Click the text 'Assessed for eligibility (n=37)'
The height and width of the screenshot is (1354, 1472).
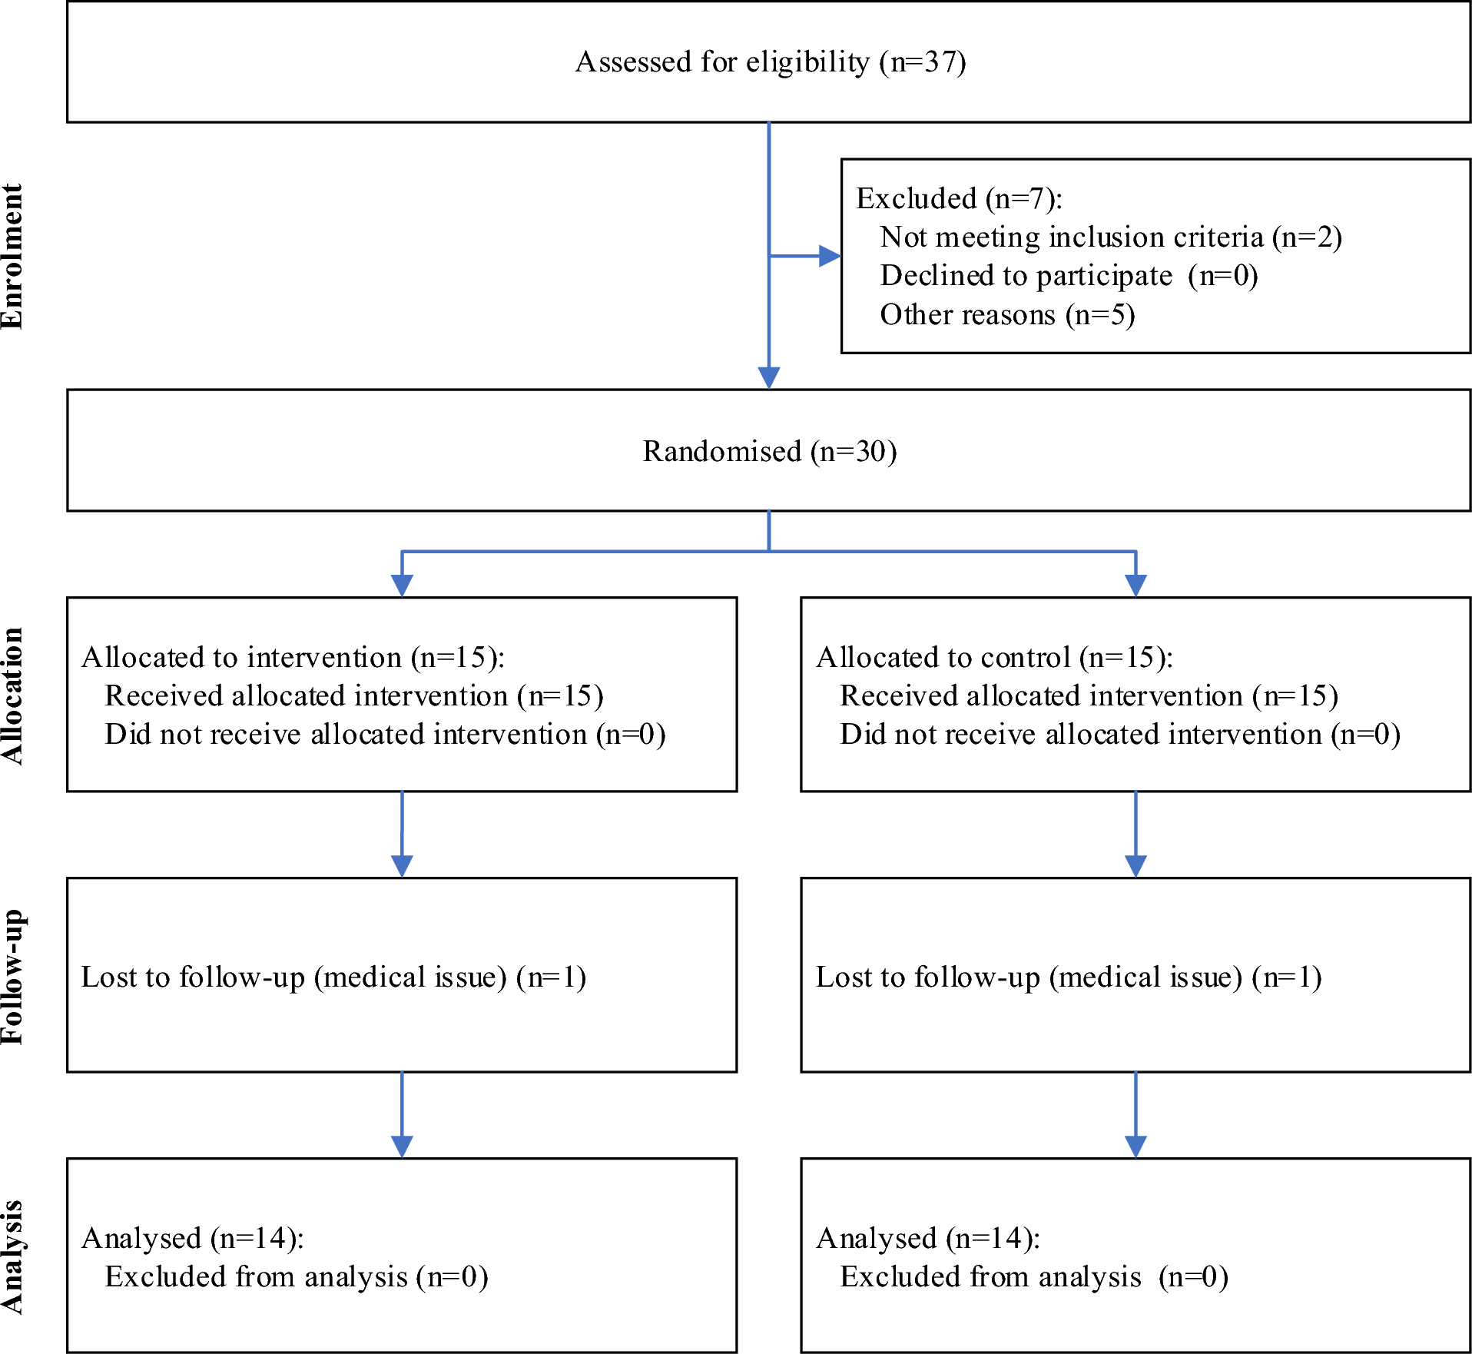pyautogui.click(x=770, y=61)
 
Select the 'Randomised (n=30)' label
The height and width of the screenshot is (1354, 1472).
pyautogui.click(x=770, y=451)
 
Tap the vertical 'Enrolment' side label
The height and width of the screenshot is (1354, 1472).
pyautogui.click(x=12, y=257)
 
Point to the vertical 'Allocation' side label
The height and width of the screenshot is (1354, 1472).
pyautogui.click(x=12, y=695)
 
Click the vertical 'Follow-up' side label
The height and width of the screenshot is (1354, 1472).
pyautogui.click(x=12, y=976)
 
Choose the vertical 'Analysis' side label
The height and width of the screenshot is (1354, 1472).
pyautogui.click(x=12, y=1256)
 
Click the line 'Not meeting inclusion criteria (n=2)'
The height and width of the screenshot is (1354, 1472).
pyautogui.click(x=1110, y=237)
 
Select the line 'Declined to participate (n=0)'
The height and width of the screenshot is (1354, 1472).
pyautogui.click(x=1068, y=275)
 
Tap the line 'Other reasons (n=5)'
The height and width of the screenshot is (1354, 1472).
pyautogui.click(x=1006, y=314)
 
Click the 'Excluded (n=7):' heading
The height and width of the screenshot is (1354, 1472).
pyautogui.click(x=959, y=198)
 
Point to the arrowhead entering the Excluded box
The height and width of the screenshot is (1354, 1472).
pyautogui.click(x=830, y=256)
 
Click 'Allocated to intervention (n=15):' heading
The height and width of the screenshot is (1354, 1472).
pyautogui.click(x=293, y=657)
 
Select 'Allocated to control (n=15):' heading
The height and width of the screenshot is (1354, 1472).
pyautogui.click(x=994, y=657)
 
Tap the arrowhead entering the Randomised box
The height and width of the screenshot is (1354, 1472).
pyautogui.click(x=769, y=377)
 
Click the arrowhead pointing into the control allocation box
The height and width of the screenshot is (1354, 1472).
pyautogui.click(x=1135, y=585)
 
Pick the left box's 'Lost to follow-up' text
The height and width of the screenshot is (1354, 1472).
pyautogui.click(x=333, y=977)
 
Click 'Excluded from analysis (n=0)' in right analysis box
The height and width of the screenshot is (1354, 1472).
pyautogui.click(x=1033, y=1276)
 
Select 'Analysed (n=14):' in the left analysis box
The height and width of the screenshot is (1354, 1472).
pyautogui.click(x=193, y=1238)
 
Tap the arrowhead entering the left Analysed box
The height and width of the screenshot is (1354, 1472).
pyautogui.click(x=402, y=1146)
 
